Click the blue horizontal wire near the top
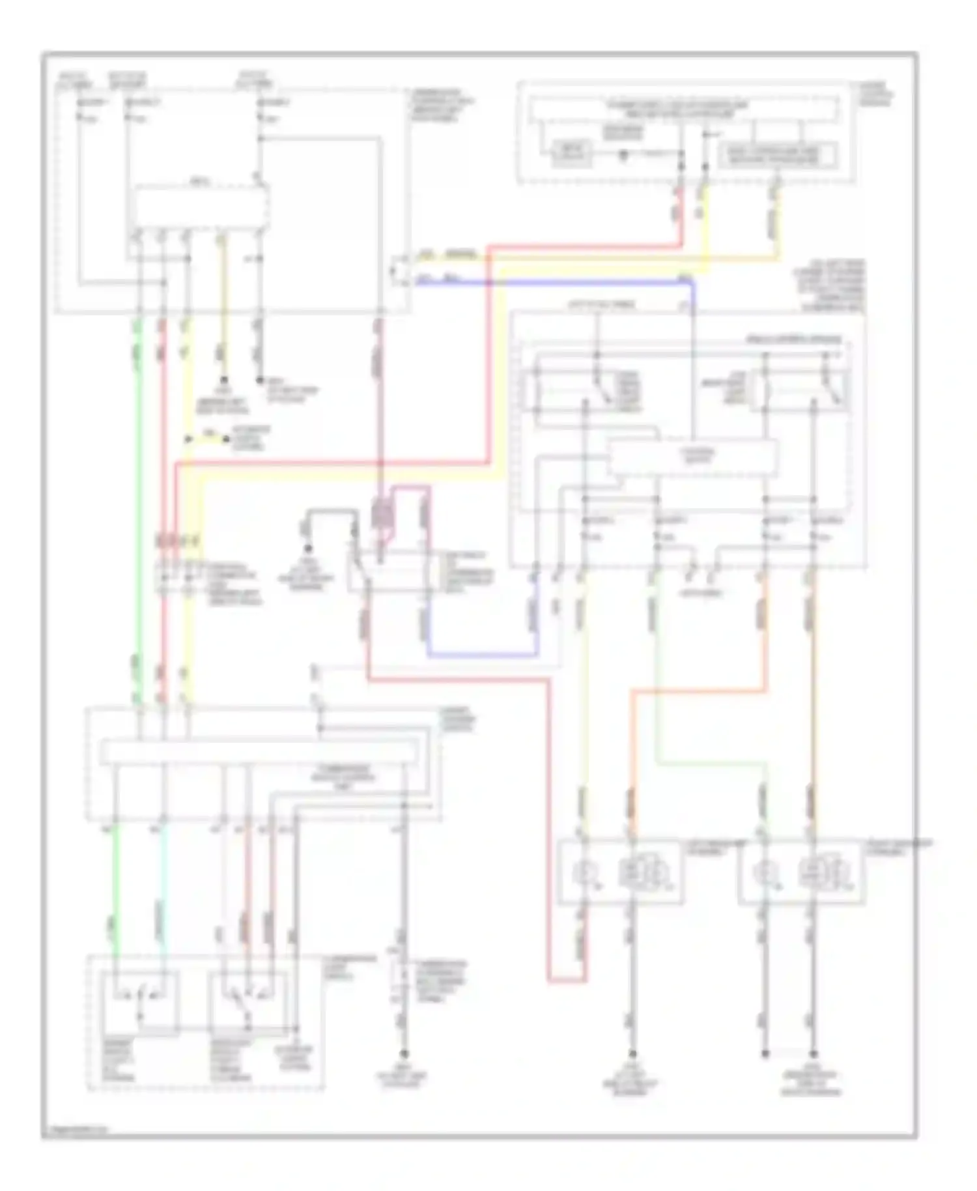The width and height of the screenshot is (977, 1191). (554, 282)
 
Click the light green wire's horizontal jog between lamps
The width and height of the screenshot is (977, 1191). (710, 762)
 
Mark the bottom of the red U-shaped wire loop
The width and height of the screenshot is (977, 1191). (565, 979)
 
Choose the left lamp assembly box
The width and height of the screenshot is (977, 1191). (620, 872)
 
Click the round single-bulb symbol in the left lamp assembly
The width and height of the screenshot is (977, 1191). (583, 872)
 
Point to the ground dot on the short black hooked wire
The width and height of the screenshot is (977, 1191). (308, 549)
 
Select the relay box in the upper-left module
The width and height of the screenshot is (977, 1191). (201, 207)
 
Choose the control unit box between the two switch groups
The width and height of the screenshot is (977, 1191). (692, 457)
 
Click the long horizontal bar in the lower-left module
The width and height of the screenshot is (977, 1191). (259, 753)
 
